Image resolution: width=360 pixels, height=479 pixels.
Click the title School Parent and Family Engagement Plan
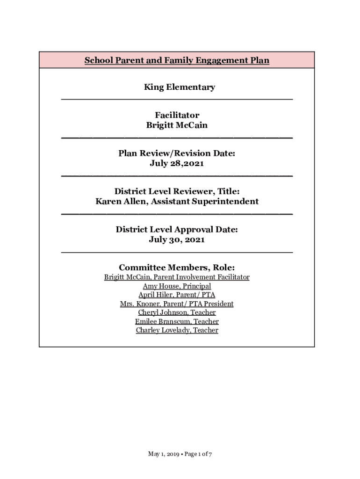(x=177, y=60)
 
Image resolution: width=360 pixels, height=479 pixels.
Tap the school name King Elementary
(x=180, y=87)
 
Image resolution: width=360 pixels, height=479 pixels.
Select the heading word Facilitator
(x=177, y=115)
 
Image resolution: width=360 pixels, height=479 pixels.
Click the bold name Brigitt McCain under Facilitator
(x=177, y=125)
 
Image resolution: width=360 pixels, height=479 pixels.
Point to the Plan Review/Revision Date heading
(x=177, y=153)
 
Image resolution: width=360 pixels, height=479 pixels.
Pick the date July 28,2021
(x=177, y=164)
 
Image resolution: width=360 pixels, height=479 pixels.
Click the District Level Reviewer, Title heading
(x=177, y=191)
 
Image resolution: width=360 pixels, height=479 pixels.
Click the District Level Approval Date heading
(x=177, y=230)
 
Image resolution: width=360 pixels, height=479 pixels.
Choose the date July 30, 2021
(x=177, y=239)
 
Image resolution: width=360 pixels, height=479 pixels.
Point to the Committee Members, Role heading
(x=177, y=268)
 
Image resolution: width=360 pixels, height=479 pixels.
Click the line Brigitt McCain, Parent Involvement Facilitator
(x=177, y=277)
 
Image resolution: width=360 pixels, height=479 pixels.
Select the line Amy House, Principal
(x=177, y=286)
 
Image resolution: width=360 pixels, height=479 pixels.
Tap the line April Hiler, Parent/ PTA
(x=177, y=295)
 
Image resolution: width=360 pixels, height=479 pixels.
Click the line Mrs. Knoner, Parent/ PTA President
(x=177, y=304)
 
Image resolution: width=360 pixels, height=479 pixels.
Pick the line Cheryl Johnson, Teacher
(x=177, y=312)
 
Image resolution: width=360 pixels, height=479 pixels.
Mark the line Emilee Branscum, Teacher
(x=177, y=321)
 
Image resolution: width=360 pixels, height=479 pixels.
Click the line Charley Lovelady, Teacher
(x=177, y=330)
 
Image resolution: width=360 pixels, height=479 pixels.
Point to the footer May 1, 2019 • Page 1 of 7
(x=180, y=454)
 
